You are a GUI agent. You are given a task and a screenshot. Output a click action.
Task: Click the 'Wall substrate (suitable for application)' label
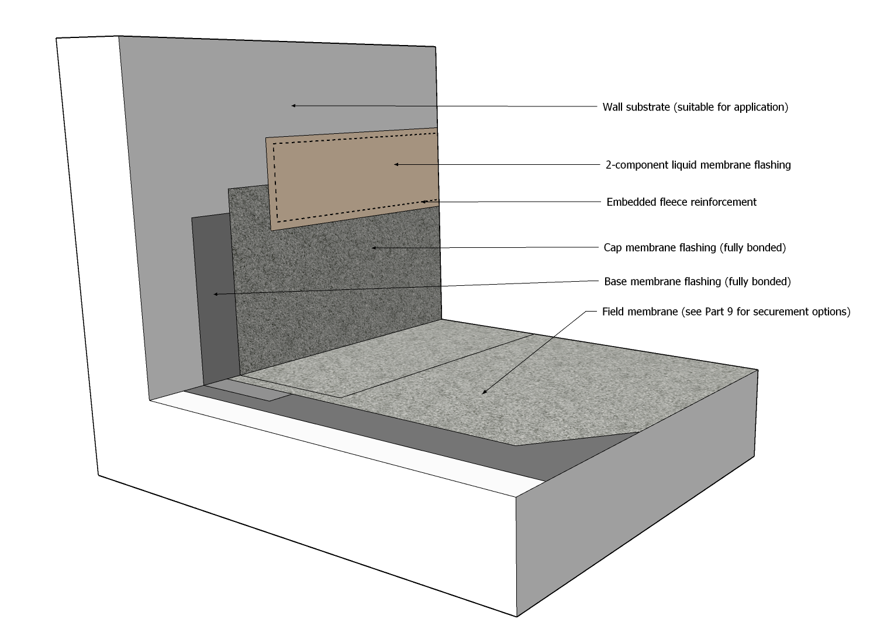click(x=695, y=108)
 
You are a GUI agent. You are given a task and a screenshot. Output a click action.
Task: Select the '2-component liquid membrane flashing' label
click(x=698, y=165)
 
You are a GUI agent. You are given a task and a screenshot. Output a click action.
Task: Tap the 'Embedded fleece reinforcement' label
click(x=681, y=202)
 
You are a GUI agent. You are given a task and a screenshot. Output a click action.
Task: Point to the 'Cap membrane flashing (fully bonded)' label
click(x=695, y=248)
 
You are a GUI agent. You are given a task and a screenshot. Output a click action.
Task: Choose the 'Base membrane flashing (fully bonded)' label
click(x=697, y=282)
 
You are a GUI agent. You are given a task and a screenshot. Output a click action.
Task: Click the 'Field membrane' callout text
click(x=726, y=312)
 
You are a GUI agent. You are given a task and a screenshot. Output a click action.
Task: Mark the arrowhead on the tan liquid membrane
click(x=396, y=164)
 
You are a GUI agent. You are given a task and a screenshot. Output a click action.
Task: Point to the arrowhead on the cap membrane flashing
click(x=374, y=248)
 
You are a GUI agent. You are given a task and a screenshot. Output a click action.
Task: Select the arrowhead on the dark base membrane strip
click(x=216, y=293)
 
